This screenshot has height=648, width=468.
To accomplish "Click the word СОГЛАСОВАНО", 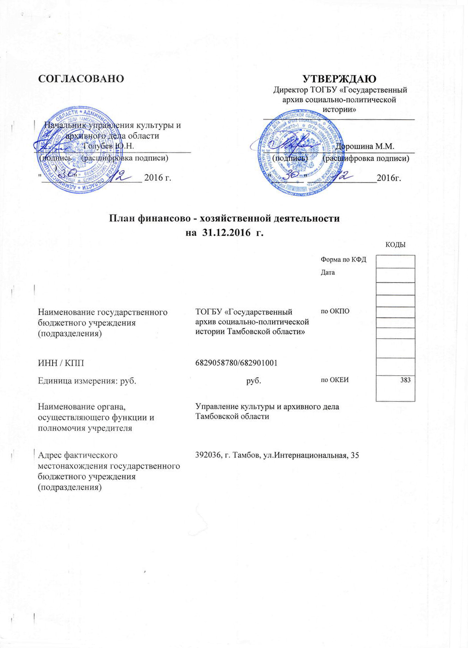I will (x=81, y=79).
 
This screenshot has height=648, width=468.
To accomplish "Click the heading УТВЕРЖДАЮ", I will (x=339, y=79).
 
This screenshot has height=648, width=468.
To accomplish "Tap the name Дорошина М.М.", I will (x=365, y=147).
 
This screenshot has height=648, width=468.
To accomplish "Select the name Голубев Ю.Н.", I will (x=109, y=147).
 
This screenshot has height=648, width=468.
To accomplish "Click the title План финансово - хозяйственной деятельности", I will (x=224, y=218).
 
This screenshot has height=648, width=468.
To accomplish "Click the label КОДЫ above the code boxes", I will (x=395, y=245).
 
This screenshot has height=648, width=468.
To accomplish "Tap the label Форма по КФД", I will (x=343, y=260).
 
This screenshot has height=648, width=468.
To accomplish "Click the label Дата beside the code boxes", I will (x=328, y=273).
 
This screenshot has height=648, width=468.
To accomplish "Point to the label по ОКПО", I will (x=335, y=311).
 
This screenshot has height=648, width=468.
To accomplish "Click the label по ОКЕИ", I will (x=335, y=380).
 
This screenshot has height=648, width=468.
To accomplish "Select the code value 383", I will (x=405, y=380).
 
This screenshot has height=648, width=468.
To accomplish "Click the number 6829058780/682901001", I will (x=236, y=363).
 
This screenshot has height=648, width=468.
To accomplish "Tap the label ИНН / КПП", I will (x=61, y=363).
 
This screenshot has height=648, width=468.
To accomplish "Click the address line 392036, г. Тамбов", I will (x=277, y=456).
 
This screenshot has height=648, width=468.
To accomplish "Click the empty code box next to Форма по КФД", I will (x=395, y=262).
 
